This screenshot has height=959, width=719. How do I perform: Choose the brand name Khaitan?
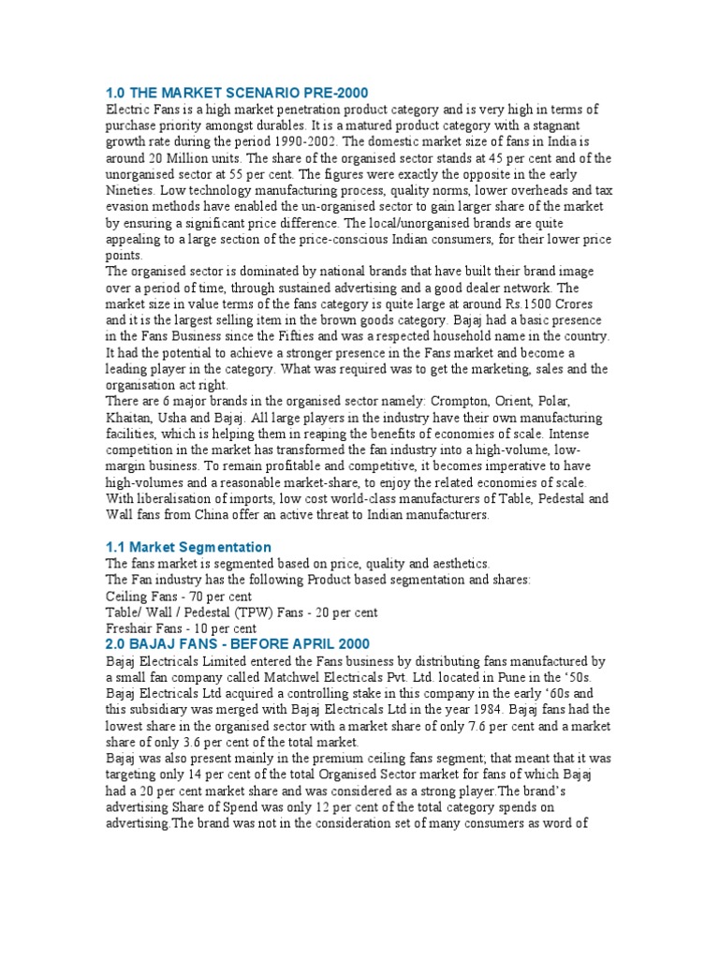tap(132, 418)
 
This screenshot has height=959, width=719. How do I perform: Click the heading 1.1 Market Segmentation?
tap(188, 547)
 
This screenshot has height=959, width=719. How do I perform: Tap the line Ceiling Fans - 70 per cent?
tap(178, 597)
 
